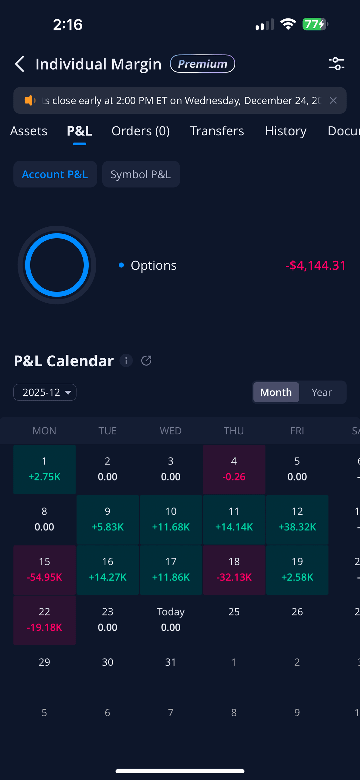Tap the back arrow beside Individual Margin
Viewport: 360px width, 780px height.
point(20,64)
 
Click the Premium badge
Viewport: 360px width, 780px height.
point(202,64)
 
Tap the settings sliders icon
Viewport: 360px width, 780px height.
point(336,64)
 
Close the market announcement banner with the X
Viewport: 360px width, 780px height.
point(333,100)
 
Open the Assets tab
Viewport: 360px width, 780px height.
point(29,131)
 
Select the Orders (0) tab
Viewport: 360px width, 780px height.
point(141,131)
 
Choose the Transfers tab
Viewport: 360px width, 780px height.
point(217,131)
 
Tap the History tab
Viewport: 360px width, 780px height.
point(286,131)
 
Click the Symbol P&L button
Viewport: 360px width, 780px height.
point(141,174)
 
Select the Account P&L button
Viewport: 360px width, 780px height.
point(55,174)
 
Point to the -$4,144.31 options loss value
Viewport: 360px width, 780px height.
point(315,265)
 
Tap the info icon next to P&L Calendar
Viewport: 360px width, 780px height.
point(126,361)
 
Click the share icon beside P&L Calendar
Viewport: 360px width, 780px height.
point(146,361)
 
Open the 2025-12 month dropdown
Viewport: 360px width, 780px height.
point(45,392)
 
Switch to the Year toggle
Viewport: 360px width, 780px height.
point(322,392)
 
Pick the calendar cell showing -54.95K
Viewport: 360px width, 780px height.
point(44,570)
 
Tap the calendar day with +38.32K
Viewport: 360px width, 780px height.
point(297,520)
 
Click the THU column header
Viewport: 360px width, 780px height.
point(234,431)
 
